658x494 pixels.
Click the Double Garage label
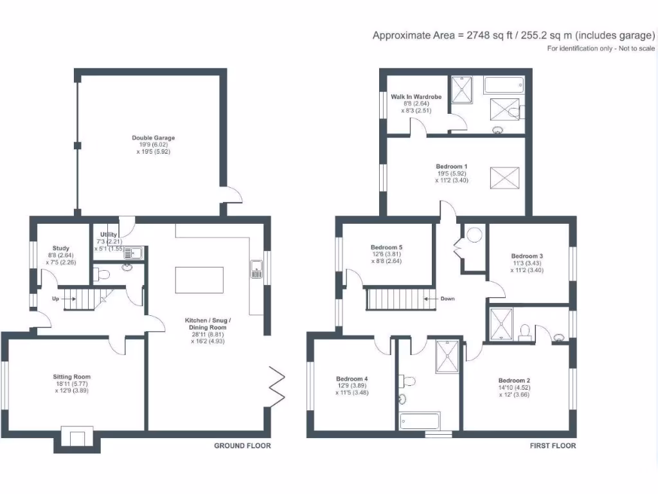click(153, 138)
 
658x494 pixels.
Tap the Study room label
click(61, 248)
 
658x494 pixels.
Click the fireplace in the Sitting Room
click(77, 439)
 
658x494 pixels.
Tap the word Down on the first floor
click(447, 298)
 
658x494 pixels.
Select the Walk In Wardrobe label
click(416, 97)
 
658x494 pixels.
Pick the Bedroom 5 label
click(386, 246)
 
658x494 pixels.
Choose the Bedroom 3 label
click(527, 255)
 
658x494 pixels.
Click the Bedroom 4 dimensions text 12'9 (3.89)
click(352, 385)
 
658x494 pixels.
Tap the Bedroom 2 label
click(514, 379)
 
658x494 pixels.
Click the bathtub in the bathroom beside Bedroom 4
click(420, 421)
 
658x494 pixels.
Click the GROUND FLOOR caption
click(242, 446)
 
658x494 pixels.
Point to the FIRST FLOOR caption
click(553, 446)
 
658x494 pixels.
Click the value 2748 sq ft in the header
click(486, 36)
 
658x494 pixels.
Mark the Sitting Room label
click(71, 377)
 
